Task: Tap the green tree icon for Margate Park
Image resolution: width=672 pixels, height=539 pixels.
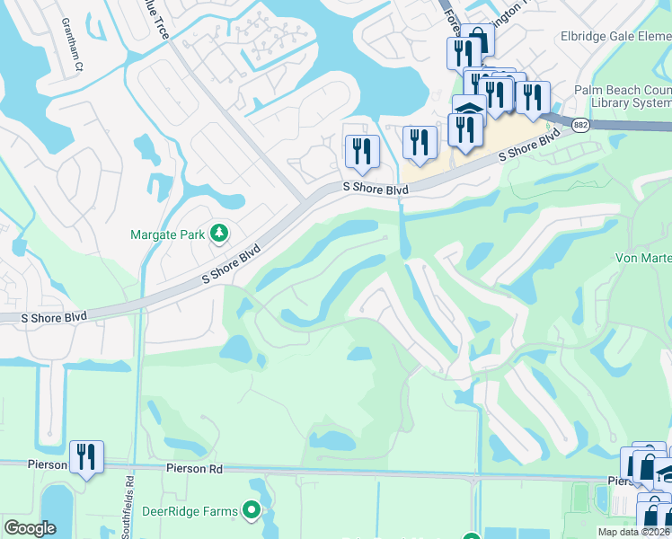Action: click(x=218, y=234)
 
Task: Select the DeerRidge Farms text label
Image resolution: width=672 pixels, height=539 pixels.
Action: click(x=190, y=512)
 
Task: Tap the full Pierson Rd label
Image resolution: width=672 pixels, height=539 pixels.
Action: click(x=194, y=469)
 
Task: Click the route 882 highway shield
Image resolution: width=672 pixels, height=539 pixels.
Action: click(x=580, y=126)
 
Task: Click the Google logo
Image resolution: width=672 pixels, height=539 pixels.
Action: click(x=30, y=528)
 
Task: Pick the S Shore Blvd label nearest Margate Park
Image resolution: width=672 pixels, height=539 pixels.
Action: click(x=232, y=264)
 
